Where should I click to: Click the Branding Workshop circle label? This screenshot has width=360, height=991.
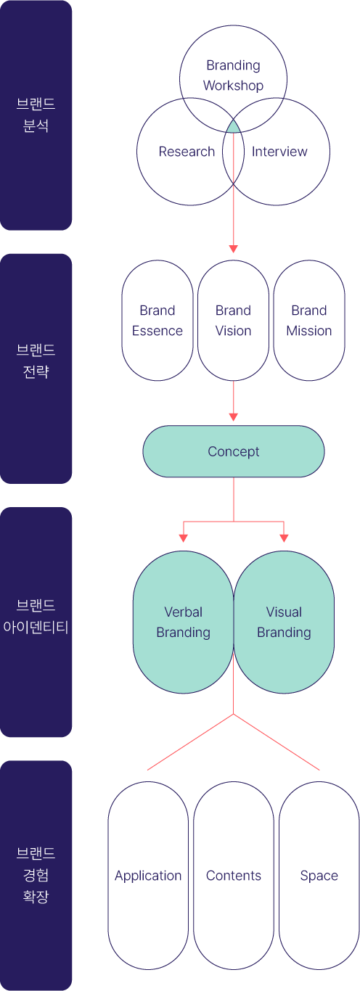[x=233, y=75]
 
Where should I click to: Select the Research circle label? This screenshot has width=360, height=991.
[x=187, y=152]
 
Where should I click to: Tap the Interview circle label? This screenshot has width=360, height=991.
[x=279, y=152]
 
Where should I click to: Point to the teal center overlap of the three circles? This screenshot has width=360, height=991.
[x=234, y=128]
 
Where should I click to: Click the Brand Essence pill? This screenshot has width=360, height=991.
[x=157, y=321]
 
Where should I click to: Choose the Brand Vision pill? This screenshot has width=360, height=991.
[x=234, y=321]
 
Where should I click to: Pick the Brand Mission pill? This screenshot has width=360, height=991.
[x=309, y=321]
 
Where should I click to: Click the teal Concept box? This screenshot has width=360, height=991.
[x=234, y=451]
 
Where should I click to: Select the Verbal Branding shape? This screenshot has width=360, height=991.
[x=183, y=622]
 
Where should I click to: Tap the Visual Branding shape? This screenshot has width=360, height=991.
[x=284, y=622]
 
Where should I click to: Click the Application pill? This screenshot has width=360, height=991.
[x=148, y=876]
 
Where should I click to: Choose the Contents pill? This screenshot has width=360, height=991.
[x=234, y=876]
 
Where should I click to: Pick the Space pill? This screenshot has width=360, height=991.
[x=319, y=876]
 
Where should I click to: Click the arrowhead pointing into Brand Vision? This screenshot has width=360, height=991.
[x=234, y=249]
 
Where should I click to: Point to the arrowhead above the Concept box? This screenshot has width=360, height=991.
[x=234, y=417]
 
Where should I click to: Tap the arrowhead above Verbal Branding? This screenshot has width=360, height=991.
[x=184, y=538]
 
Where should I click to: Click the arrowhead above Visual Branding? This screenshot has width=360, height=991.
[x=284, y=538]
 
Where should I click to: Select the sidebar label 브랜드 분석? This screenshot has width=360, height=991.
[x=36, y=115]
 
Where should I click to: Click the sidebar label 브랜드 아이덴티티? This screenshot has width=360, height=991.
[x=36, y=616]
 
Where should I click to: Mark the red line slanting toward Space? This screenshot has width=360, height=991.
[x=277, y=742]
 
